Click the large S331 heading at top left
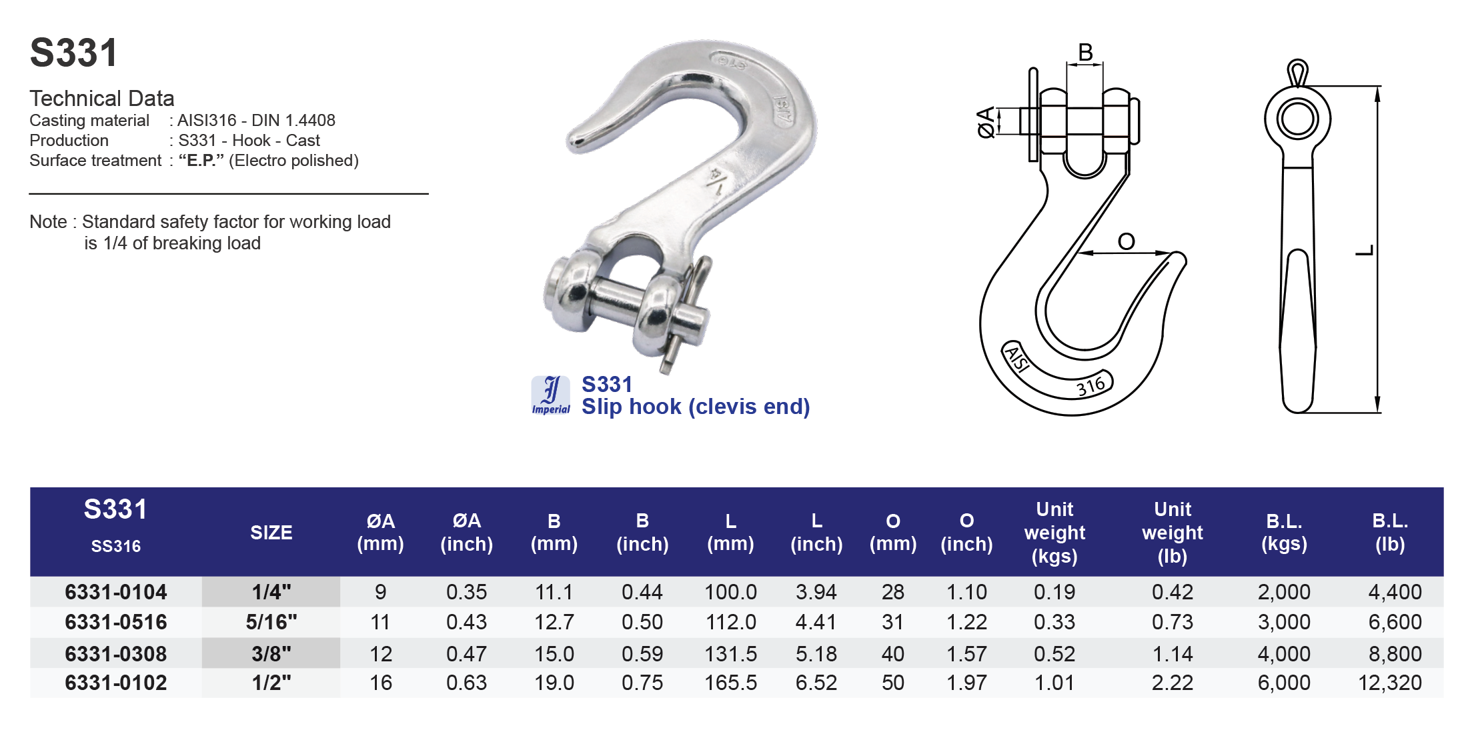click(x=74, y=53)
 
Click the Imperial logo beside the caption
click(x=550, y=395)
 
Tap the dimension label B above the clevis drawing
click(x=1085, y=52)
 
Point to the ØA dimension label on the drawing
click(x=986, y=122)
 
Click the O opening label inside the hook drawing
click(x=1126, y=241)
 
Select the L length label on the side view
click(x=1365, y=250)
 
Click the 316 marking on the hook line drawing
click(x=1091, y=386)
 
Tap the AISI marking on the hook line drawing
click(x=1017, y=359)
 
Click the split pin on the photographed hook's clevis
click(x=687, y=313)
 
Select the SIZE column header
click(x=271, y=533)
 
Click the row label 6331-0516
click(x=116, y=622)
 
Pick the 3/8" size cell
click(x=271, y=653)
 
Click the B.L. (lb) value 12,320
click(x=1389, y=683)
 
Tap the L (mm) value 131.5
click(x=730, y=653)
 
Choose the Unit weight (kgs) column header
click(x=1054, y=533)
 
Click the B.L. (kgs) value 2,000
click(x=1284, y=592)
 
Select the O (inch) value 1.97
click(x=966, y=683)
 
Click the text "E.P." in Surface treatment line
click(x=201, y=161)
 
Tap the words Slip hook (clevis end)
click(x=695, y=407)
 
